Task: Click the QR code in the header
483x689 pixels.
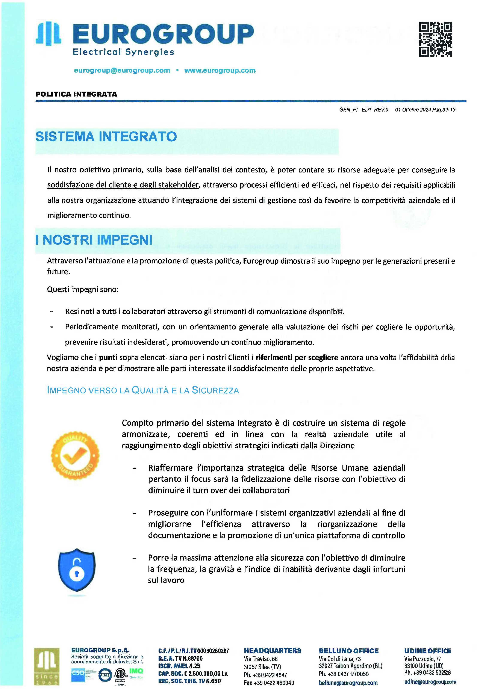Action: (435, 39)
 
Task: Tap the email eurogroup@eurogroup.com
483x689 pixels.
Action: (122, 71)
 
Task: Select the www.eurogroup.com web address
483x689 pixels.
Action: (220, 71)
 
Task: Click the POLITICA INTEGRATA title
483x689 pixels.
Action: (76, 94)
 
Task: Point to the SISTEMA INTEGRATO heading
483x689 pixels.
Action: (106, 137)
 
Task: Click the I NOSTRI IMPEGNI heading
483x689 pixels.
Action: (94, 240)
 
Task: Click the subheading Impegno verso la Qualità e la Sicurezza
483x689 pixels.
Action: (143, 390)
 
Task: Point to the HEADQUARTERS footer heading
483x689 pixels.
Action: (272, 651)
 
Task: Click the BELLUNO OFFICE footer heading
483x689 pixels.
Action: (348, 651)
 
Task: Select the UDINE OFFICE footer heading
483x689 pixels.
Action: (427, 651)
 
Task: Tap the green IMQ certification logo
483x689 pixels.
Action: (136, 671)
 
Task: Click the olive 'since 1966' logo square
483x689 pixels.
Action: (47, 666)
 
